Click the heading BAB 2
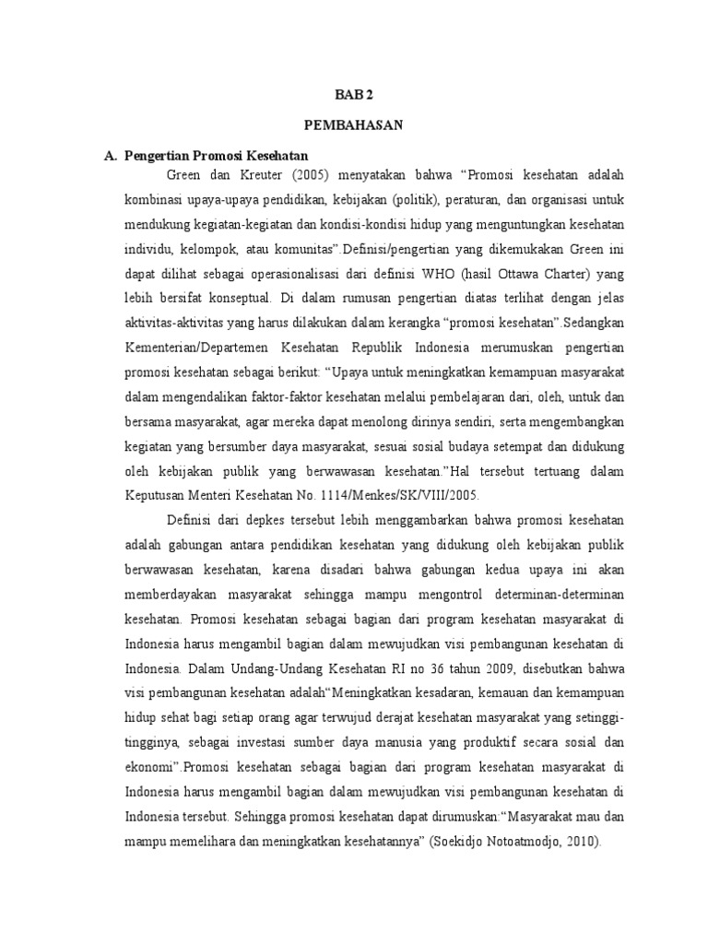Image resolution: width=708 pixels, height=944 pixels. tap(354, 94)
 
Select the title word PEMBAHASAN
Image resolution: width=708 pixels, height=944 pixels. tap(353, 126)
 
